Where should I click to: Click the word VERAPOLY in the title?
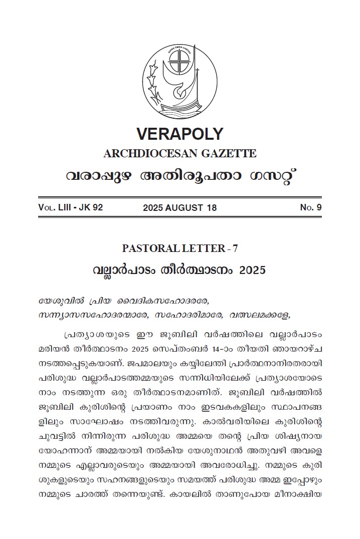click(x=179, y=134)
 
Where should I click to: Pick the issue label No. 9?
click(x=311, y=207)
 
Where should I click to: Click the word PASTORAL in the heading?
click(x=149, y=248)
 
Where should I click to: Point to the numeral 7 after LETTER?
click(x=235, y=248)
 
